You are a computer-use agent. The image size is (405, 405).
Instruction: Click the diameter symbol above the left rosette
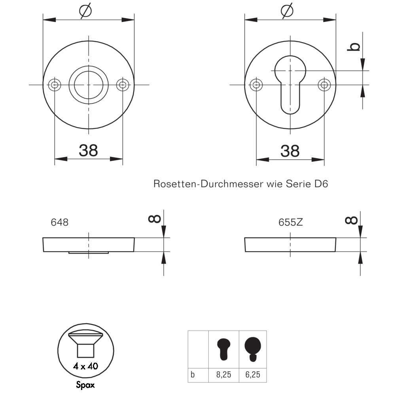point(85,11)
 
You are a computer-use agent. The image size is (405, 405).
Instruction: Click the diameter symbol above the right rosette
point(287,11)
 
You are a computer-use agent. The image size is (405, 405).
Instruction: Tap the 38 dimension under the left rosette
point(88,150)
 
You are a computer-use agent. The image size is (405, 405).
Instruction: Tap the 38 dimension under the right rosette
point(290,151)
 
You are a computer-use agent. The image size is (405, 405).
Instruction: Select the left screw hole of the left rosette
point(55,85)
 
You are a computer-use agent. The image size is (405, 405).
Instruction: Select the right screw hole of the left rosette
point(123,85)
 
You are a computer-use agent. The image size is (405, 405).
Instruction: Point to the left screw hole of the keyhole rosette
point(256,85)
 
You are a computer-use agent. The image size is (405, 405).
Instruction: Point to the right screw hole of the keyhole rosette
point(324,85)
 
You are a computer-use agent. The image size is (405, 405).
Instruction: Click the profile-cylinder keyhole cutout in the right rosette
point(290,85)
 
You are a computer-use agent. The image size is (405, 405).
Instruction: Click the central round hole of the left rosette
point(89,85)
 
